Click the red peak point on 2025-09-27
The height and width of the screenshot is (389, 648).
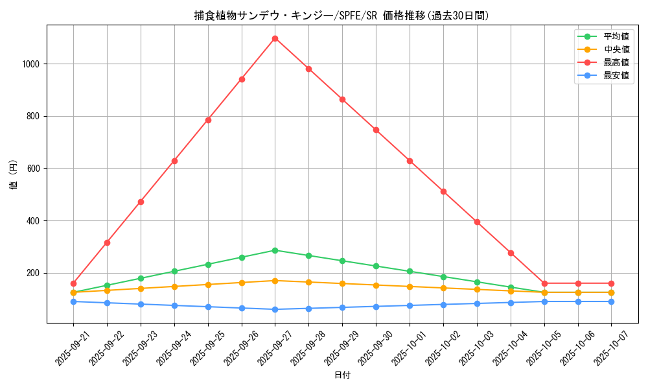point(275,38)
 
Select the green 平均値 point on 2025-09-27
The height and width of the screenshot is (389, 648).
point(275,250)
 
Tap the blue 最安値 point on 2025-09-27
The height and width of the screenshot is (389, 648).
point(275,309)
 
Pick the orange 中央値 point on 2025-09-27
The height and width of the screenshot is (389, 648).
point(275,281)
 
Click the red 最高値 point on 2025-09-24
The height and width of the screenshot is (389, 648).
point(174,161)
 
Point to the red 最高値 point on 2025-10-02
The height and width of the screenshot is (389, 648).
point(443,191)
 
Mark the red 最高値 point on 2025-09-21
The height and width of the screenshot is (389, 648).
point(73,283)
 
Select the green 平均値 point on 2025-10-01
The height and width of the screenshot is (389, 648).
point(410,271)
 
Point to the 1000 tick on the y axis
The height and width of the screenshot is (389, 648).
point(32,64)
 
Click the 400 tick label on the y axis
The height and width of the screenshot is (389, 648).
point(34,221)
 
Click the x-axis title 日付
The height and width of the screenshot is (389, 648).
point(342,375)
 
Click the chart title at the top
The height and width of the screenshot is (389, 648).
point(342,16)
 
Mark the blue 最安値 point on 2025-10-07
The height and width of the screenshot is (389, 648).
point(611,301)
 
